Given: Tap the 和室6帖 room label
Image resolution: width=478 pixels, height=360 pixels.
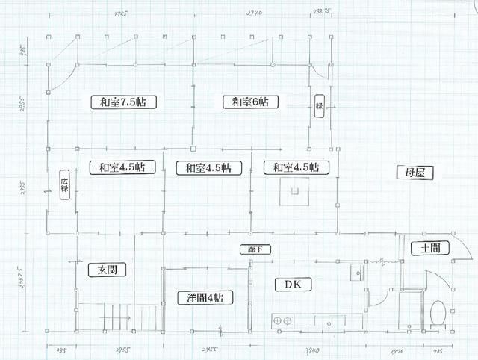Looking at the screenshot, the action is tap(250, 102).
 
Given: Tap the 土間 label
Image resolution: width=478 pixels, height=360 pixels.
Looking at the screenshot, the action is tap(429, 249).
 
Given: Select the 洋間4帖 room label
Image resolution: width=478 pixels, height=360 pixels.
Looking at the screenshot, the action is tap(205, 297).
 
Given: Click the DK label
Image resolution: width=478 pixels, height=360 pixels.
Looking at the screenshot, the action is tap(287, 284).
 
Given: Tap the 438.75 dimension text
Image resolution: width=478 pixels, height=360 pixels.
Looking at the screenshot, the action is tap(323, 13).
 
